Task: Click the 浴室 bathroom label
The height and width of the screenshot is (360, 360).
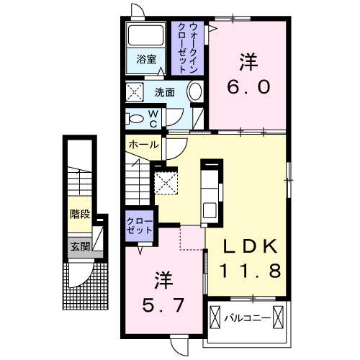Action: (146, 59)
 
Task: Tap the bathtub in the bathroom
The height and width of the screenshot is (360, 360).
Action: (146, 35)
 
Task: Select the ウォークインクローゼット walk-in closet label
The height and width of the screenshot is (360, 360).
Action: (188, 48)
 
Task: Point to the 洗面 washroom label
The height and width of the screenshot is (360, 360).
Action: (164, 93)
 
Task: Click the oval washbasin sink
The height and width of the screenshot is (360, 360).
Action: (194, 92)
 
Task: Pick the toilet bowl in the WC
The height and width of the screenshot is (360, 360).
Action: (135, 118)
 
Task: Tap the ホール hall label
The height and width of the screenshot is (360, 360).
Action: (143, 145)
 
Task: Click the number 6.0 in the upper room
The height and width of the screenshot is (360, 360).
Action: (248, 87)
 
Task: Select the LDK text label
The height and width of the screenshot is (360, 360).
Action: (251, 246)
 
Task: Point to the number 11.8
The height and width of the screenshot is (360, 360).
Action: (250, 271)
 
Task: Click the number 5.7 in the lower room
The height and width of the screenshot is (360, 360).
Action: (163, 305)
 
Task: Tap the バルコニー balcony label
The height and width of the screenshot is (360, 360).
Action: (247, 319)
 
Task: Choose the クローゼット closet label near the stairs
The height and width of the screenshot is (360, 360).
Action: (140, 226)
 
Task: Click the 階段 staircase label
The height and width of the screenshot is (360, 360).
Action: (80, 214)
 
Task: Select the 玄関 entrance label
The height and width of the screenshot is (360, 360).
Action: (80, 246)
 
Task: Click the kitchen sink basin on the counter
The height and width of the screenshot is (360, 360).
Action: (210, 210)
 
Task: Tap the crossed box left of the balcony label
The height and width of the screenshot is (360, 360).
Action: (215, 317)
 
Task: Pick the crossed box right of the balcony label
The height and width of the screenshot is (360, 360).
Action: (278, 317)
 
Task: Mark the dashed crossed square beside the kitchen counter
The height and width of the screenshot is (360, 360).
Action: (166, 183)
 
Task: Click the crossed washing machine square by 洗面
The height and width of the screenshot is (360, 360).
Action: (135, 91)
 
